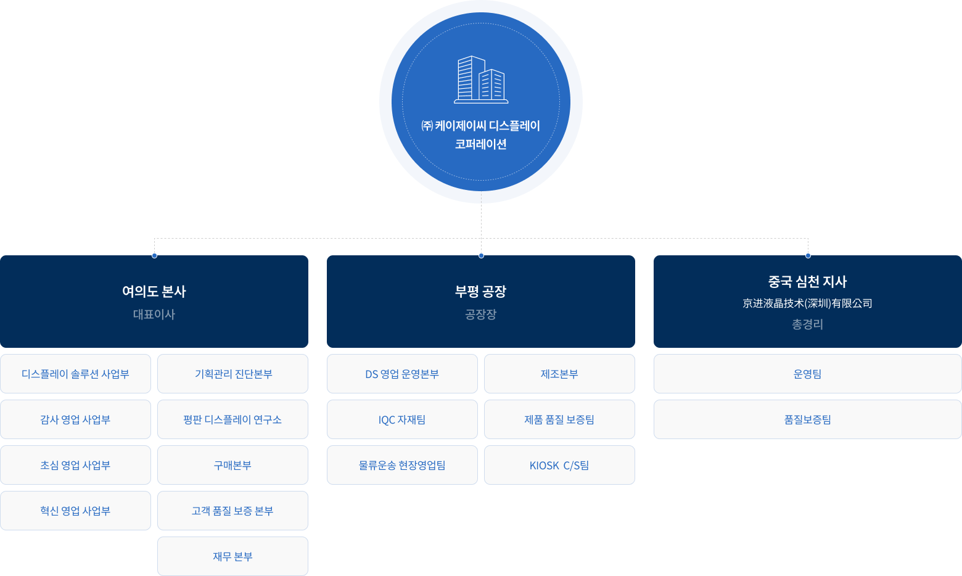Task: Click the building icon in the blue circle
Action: tap(481, 80)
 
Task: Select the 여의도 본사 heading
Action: tap(154, 291)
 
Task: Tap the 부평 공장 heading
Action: tap(481, 291)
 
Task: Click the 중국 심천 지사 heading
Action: tap(807, 282)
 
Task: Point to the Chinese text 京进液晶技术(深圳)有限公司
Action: tap(807, 303)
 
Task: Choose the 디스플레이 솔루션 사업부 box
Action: tap(75, 374)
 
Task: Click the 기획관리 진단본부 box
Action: tap(232, 374)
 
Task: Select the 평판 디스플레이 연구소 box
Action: tap(232, 419)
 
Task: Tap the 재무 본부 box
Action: tap(232, 556)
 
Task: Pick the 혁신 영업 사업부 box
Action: tap(75, 511)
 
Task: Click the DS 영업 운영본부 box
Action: tap(402, 374)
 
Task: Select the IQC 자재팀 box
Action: tap(402, 419)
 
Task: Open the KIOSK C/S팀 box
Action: tap(559, 465)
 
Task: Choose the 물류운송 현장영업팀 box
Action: tap(402, 465)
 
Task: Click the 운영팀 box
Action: tap(807, 374)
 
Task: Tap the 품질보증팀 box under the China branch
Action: tap(807, 419)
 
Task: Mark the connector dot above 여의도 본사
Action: tap(154, 255)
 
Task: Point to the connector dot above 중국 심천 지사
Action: tap(808, 255)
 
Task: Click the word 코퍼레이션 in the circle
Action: tap(481, 144)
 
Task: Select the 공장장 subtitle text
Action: tap(481, 315)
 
